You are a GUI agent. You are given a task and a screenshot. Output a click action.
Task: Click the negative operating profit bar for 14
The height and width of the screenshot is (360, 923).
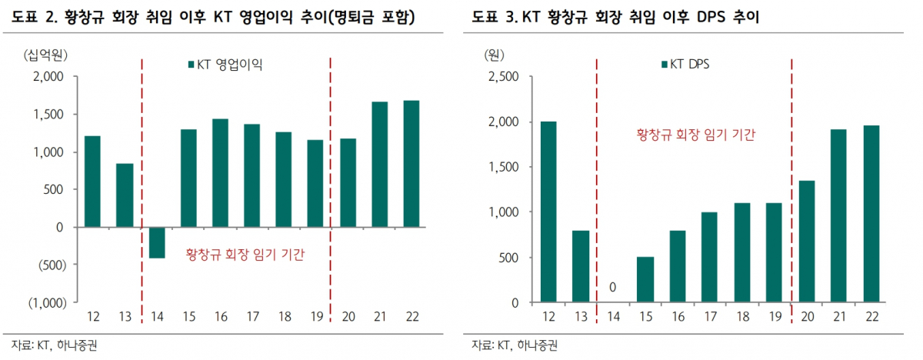coord(157,242)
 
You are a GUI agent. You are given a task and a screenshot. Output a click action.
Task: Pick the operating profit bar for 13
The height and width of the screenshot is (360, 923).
coord(125,195)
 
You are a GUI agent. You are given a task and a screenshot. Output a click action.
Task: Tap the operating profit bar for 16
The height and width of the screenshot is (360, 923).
coord(220,173)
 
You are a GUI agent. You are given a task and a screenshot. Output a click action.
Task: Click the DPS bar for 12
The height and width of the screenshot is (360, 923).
coord(548,212)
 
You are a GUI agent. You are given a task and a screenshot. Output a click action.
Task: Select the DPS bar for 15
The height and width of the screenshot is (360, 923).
coord(645,279)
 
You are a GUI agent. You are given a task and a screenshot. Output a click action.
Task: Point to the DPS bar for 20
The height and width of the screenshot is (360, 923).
coord(806,242)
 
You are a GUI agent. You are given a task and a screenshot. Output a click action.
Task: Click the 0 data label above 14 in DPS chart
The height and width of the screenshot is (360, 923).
coord(614,288)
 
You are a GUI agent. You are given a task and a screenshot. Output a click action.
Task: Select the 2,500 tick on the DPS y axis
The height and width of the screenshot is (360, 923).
coord(505,76)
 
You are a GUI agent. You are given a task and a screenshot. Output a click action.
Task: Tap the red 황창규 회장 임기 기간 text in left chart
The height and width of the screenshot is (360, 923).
coord(245,255)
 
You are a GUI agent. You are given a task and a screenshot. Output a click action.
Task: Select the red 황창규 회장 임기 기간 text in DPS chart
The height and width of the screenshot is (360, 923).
coord(695,134)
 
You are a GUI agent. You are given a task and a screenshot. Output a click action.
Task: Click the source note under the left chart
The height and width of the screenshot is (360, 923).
coord(55,345)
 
